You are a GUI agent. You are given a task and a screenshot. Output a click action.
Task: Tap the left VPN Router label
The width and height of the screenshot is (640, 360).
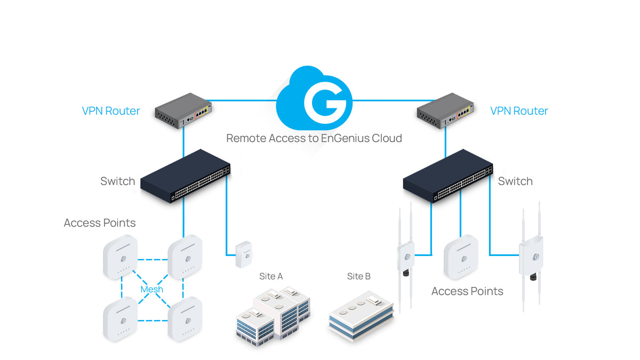point(111,111)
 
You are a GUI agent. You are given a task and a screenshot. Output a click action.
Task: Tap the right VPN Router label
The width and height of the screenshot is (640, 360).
point(519,111)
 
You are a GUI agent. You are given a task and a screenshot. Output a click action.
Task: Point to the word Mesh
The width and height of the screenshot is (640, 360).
point(151,289)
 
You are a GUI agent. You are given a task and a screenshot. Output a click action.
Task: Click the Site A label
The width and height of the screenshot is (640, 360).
point(270,276)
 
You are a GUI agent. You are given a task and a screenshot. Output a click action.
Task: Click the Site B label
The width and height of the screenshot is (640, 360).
point(358,276)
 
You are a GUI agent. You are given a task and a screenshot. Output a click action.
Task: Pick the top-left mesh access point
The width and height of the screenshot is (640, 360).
point(121,258)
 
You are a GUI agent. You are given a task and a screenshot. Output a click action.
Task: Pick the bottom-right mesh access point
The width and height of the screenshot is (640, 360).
point(184,319)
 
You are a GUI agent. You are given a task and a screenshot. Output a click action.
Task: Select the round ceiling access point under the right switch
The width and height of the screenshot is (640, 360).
point(461,257)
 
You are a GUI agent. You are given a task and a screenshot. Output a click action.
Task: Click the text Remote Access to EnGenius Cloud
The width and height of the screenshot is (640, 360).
point(314,138)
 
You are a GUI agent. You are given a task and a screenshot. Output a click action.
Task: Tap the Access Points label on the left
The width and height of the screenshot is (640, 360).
point(100,223)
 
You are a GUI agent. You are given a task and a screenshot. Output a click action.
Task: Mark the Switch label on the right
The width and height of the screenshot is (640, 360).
point(515,181)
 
